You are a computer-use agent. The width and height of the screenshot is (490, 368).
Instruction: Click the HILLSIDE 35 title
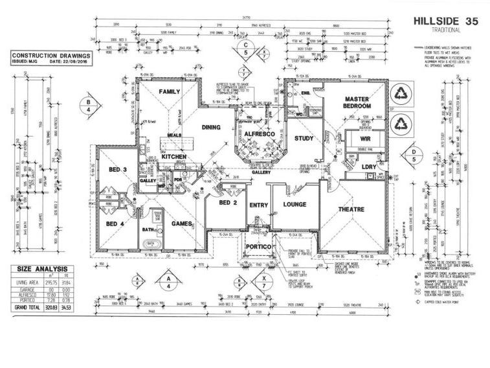coord(445,21)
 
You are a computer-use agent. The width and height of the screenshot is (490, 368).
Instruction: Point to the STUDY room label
coord(304,138)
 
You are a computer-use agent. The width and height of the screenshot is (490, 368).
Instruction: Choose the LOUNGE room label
coord(295,204)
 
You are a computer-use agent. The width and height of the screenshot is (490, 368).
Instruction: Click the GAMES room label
coord(183,224)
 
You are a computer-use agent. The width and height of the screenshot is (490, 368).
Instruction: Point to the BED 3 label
coord(118,170)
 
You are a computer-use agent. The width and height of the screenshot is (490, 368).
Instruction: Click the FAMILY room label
coord(169,91)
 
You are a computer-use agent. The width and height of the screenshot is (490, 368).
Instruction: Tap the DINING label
coord(212,128)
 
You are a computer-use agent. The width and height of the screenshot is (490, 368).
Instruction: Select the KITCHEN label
coord(173,157)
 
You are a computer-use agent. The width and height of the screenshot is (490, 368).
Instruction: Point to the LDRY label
coord(369,167)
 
